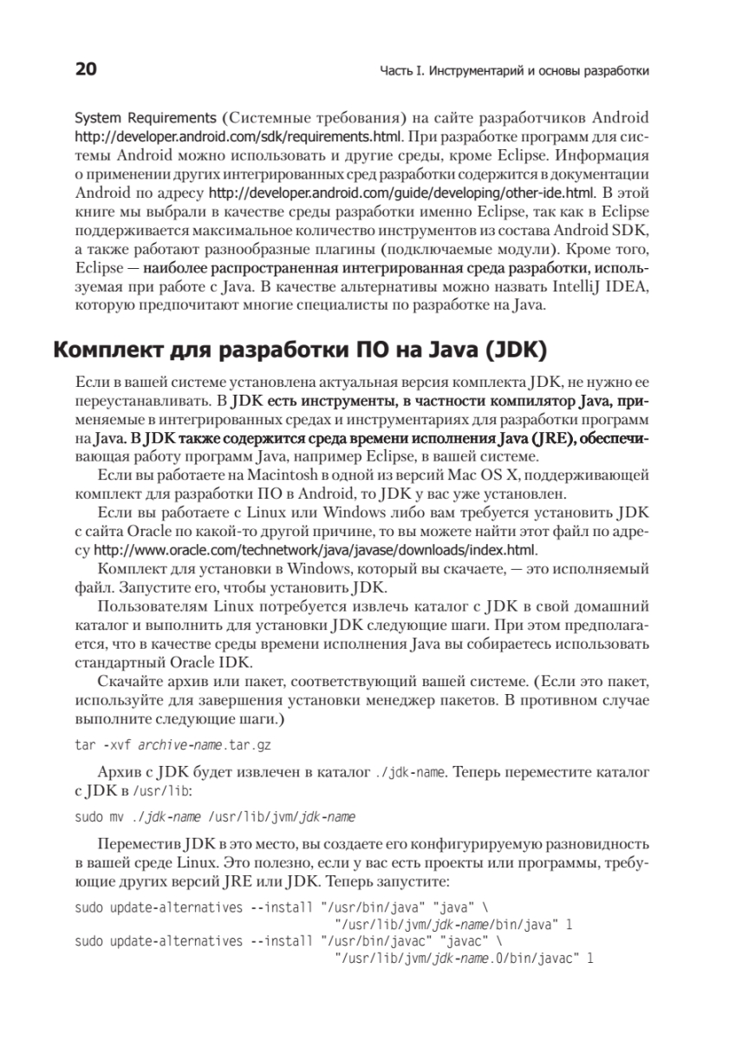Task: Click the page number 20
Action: click(x=86, y=69)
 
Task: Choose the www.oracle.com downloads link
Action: click(x=316, y=550)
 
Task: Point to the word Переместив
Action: click(x=140, y=844)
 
